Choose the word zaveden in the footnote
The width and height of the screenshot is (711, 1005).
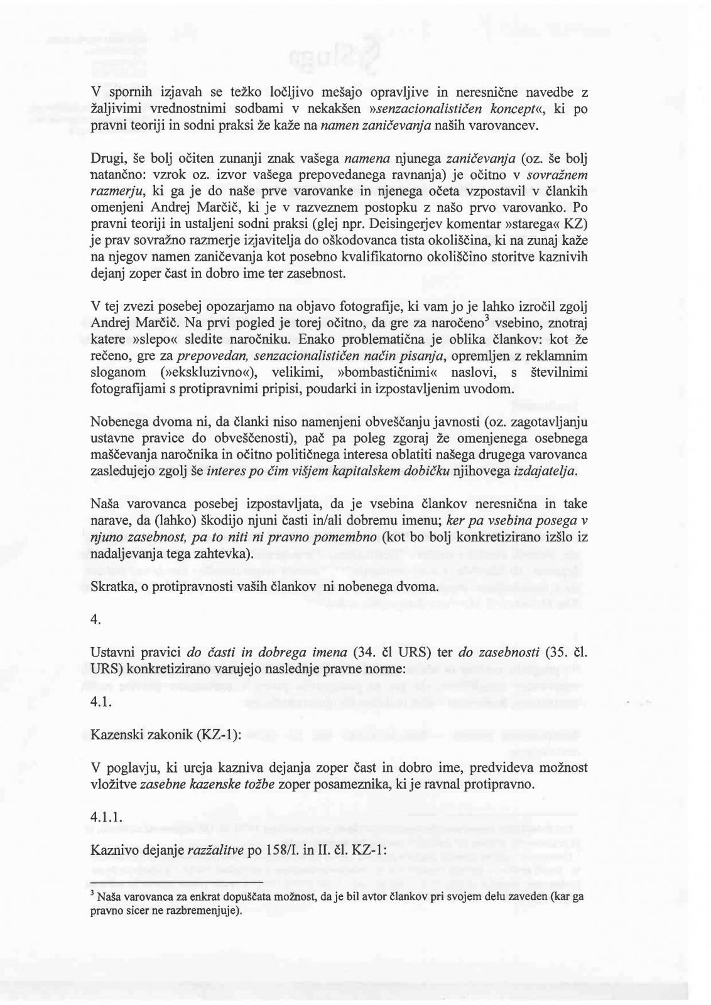coord(526,897)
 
